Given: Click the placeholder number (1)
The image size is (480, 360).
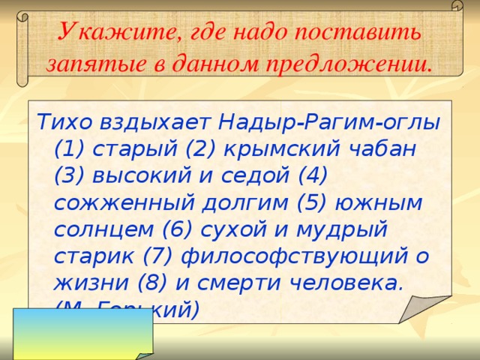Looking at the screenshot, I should pyautogui.click(x=69, y=148).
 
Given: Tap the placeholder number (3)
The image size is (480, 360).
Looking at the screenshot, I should pyautogui.click(x=69, y=175).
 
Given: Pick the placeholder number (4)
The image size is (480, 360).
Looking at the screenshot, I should pyautogui.click(x=313, y=175).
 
